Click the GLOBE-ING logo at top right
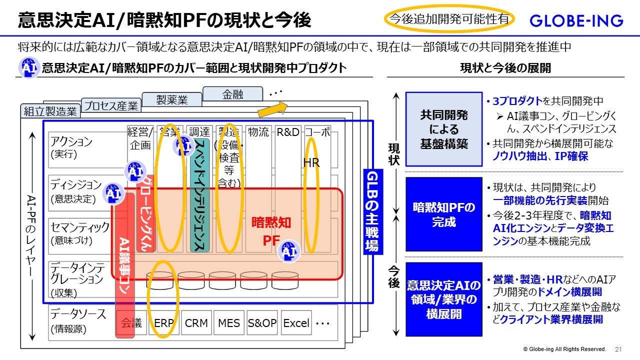point(576,20)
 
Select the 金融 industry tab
point(232,93)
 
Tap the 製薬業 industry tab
point(171,99)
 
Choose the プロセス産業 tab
point(110,106)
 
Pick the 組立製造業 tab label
point(50,111)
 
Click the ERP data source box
point(163,323)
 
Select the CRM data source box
point(196,323)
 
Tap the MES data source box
point(229,323)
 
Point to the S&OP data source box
point(262,323)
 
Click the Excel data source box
point(296,323)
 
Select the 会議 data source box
point(131,323)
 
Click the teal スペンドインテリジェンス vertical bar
point(199,195)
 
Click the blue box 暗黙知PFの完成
point(443,214)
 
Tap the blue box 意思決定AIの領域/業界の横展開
point(443,299)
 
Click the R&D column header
point(288,132)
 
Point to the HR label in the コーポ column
point(311,163)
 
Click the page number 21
point(618,349)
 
